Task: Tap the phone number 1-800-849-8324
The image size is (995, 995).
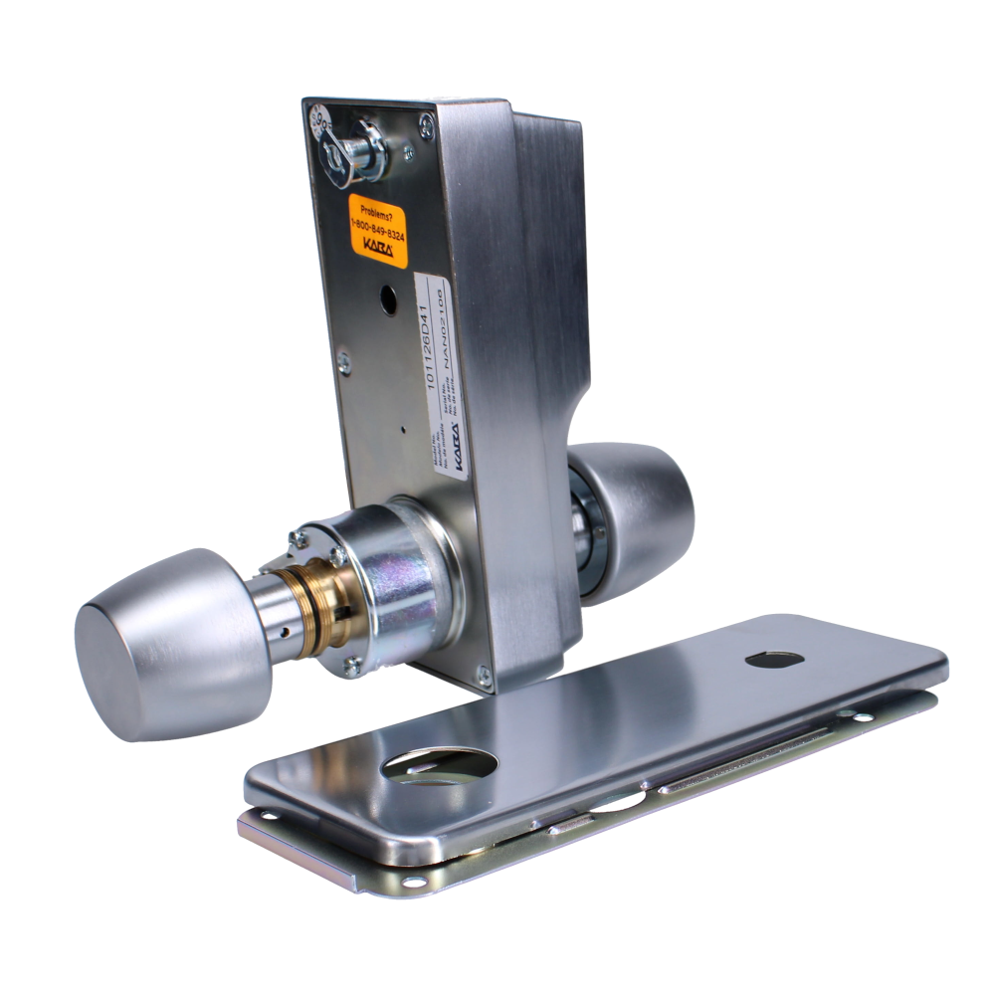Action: coord(377,228)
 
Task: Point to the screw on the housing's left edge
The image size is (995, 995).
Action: coord(344,362)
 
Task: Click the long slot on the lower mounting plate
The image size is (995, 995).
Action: coord(756,751)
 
